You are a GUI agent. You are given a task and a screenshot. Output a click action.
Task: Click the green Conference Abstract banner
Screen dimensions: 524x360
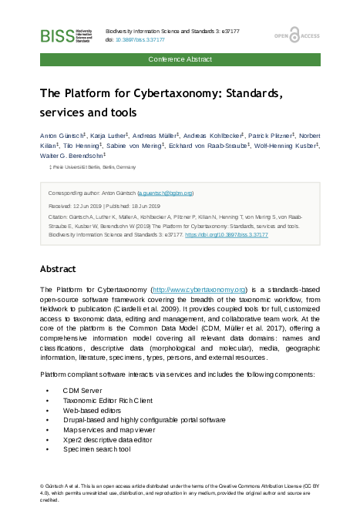(180, 59)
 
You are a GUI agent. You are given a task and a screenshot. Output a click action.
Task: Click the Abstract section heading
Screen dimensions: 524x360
(58, 269)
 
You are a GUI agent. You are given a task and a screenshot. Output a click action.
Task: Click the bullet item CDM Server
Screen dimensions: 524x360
(83, 391)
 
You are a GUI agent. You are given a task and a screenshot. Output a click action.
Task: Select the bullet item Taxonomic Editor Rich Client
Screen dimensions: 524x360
(108, 401)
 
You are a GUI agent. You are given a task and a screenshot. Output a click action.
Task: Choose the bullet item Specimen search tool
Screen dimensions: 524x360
(97, 448)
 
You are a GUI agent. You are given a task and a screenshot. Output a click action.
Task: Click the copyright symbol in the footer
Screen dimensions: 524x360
(42, 487)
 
